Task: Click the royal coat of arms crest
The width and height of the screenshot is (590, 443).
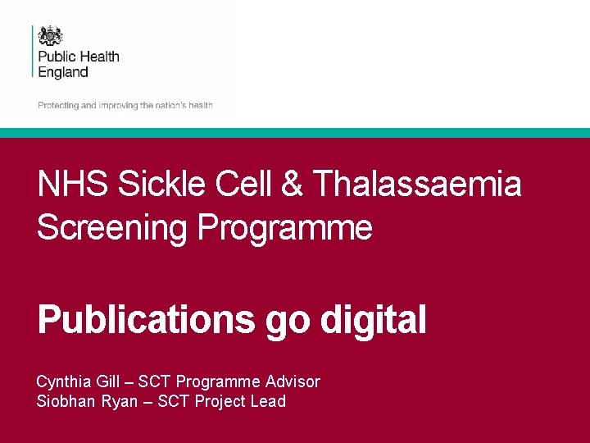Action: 51,36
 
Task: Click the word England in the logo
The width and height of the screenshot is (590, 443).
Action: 63,71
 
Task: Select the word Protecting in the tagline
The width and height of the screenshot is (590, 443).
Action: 57,105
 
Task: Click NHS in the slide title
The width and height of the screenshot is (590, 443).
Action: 72,184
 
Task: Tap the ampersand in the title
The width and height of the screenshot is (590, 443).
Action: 291,184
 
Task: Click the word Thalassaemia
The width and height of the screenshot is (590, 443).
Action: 417,184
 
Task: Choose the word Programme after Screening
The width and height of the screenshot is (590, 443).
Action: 284,227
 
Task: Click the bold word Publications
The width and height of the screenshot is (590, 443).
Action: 146,319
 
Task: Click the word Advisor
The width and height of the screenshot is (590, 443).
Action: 292,381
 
